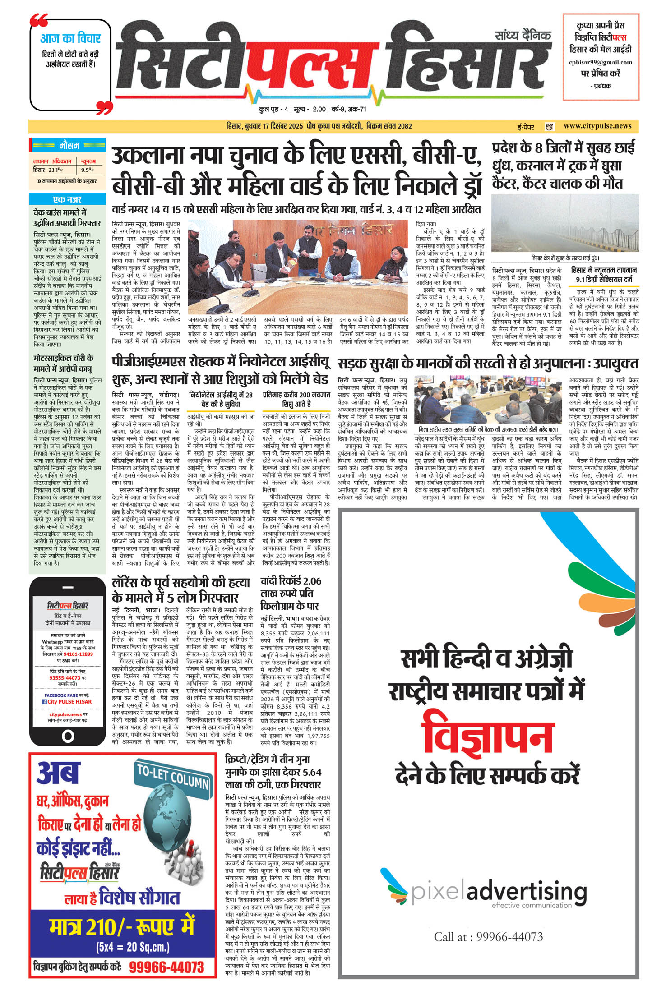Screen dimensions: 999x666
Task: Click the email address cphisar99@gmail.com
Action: point(601,62)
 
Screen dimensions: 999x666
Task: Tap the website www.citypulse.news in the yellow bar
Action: point(597,126)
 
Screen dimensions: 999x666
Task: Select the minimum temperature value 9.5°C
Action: point(88,170)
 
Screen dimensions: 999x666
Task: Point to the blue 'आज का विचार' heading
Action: point(70,38)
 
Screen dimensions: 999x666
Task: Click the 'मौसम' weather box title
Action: point(69,146)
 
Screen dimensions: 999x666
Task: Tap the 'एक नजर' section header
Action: point(67,199)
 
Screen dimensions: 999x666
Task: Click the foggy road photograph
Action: point(565,223)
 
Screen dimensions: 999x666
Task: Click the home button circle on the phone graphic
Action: point(68,737)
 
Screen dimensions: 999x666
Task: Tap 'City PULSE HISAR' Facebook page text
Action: point(69,702)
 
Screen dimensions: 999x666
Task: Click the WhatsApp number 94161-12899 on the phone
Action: point(78,654)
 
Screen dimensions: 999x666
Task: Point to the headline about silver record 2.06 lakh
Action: point(291,593)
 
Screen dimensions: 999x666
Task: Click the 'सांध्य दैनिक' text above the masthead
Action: point(523,35)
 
